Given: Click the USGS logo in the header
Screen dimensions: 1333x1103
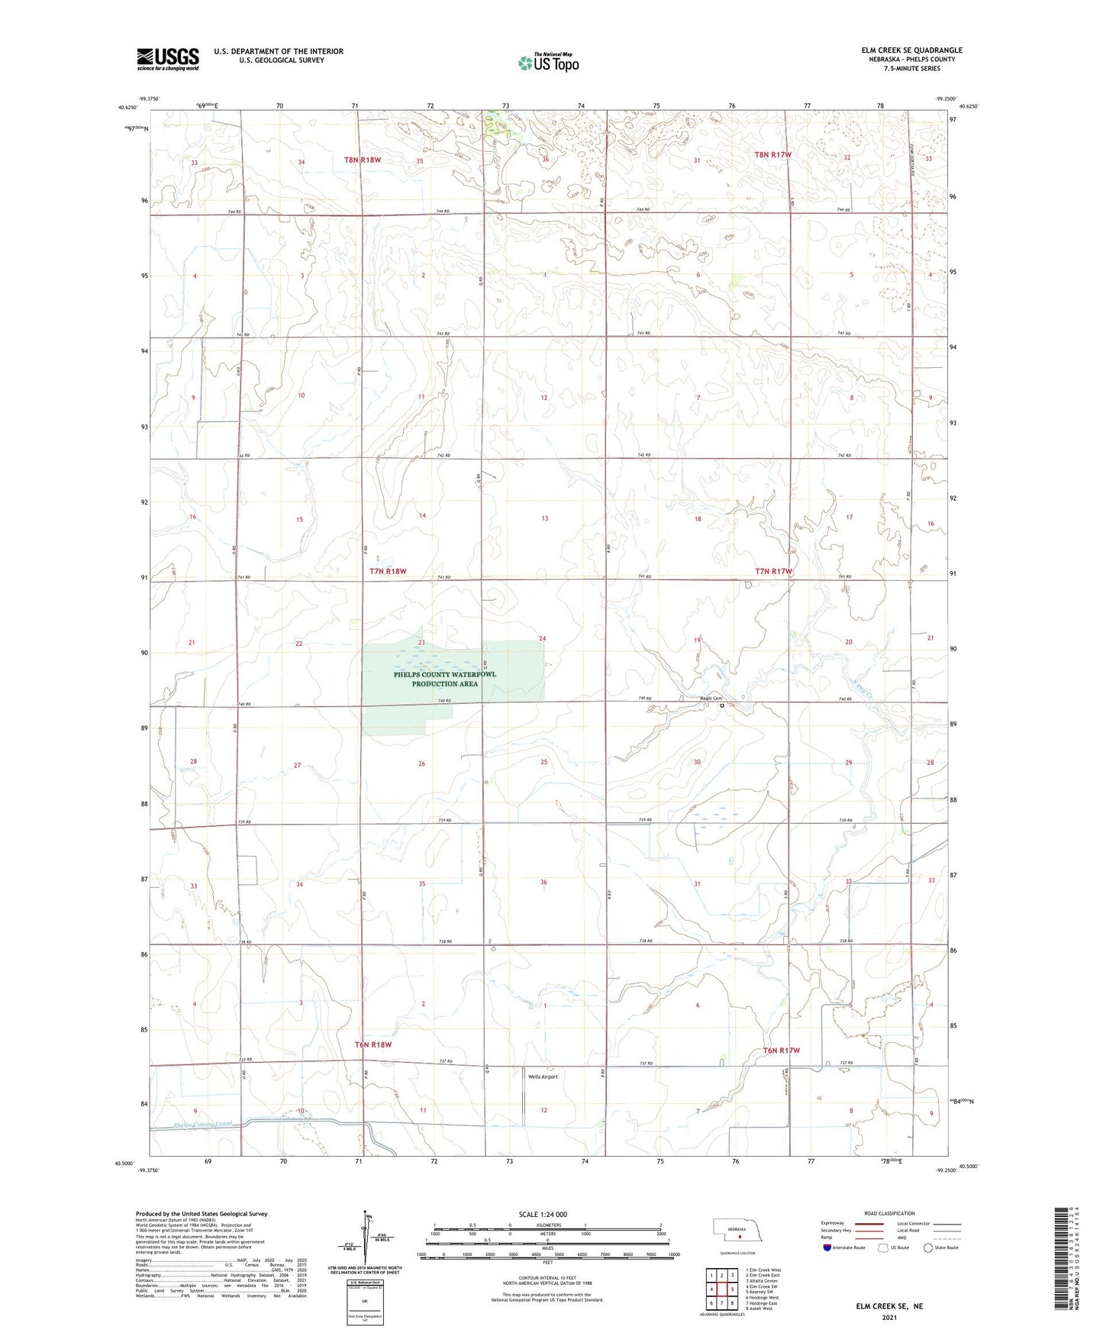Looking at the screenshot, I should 168,59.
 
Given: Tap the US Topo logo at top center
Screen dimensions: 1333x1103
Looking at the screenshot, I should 548,62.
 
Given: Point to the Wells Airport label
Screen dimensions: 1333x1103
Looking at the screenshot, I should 543,1076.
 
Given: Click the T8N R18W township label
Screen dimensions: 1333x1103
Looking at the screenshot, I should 362,160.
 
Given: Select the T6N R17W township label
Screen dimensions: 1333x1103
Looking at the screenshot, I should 782,1051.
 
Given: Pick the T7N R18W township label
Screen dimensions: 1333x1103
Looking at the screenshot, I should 388,571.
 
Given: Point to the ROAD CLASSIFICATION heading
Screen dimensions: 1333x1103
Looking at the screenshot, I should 890,1213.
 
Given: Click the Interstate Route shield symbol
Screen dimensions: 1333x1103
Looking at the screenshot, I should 827,1247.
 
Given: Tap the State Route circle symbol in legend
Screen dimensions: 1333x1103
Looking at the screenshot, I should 928,1247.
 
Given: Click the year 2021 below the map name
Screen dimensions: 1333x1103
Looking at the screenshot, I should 889,1317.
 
